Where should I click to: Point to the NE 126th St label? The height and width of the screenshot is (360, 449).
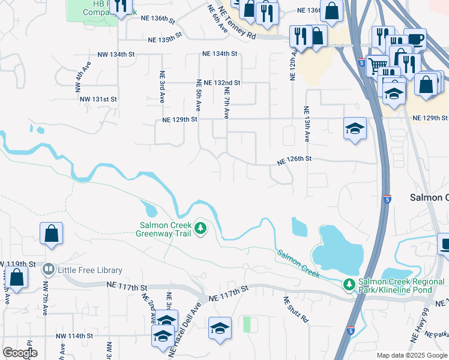point(294,160)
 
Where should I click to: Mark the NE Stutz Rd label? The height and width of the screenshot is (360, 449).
point(295,310)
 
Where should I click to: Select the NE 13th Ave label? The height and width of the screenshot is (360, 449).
point(306,124)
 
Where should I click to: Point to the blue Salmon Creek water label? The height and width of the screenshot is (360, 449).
point(298,263)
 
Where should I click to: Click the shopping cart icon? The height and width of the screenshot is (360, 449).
point(378,65)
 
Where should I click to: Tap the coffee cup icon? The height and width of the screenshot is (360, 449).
point(415,40)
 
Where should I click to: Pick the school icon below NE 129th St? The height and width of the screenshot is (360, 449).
point(355,128)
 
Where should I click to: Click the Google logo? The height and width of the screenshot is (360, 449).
point(20,352)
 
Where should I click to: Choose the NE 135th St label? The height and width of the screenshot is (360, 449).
point(164,40)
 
